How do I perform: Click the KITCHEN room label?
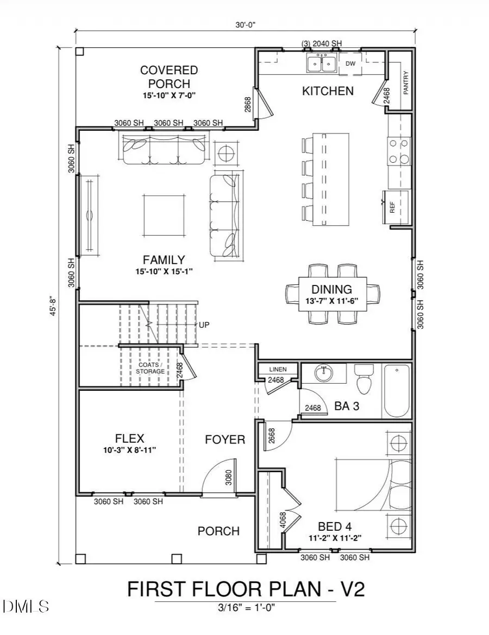(x=328, y=91)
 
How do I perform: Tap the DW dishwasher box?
(x=350, y=64)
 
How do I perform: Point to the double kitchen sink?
(x=322, y=63)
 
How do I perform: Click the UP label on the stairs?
(x=204, y=325)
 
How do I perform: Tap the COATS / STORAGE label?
(x=150, y=368)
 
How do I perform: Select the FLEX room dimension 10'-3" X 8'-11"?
(x=129, y=450)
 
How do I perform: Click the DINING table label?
(x=331, y=289)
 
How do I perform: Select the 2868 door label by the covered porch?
(x=247, y=105)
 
